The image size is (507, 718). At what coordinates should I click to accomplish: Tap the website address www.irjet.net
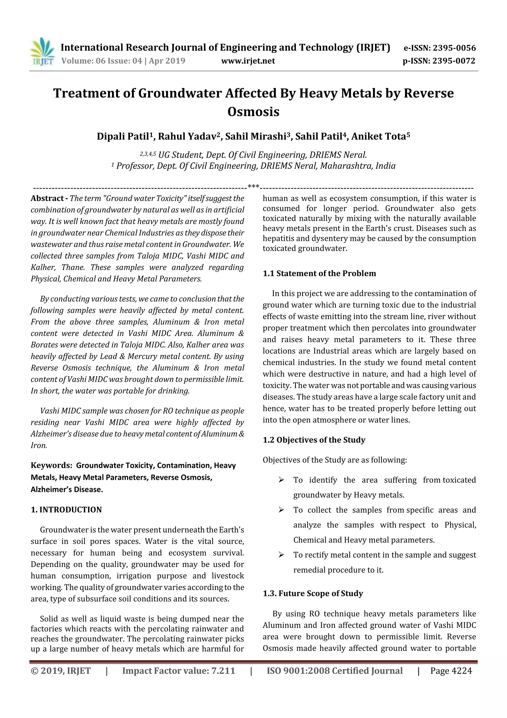click(x=248, y=61)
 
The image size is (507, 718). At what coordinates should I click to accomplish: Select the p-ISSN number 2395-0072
click(x=454, y=61)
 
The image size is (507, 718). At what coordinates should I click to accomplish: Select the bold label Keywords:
click(x=51, y=465)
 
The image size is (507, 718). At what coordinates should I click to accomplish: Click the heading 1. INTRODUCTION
click(x=66, y=510)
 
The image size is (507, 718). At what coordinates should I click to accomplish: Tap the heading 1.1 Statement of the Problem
click(x=319, y=273)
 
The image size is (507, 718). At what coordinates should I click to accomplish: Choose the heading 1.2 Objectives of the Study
click(x=314, y=440)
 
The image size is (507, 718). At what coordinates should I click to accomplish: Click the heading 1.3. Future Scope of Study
click(x=313, y=594)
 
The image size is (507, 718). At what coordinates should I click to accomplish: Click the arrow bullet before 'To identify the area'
click(x=281, y=480)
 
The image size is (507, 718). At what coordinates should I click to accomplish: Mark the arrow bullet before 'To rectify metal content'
click(x=281, y=555)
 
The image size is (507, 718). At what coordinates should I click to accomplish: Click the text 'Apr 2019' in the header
click(x=167, y=61)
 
